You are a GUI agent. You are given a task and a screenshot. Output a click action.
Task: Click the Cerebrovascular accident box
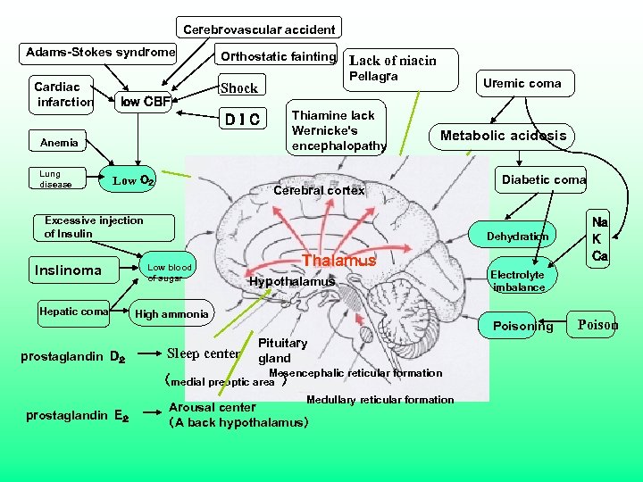tap(259, 29)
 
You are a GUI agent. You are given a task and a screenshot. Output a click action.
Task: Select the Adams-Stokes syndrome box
tap(100, 53)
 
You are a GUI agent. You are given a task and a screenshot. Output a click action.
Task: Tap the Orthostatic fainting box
tap(278, 55)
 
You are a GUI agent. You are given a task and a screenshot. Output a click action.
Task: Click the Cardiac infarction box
tap(62, 95)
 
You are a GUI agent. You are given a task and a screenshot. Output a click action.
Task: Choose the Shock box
tap(239, 87)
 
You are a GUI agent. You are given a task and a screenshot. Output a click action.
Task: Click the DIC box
tap(243, 118)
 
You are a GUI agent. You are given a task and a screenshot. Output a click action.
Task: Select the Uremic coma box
tap(522, 84)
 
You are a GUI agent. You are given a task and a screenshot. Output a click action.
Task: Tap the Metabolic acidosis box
tap(503, 136)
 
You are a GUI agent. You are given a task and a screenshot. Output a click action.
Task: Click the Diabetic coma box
tap(543, 179)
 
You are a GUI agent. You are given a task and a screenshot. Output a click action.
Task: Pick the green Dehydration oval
tap(517, 237)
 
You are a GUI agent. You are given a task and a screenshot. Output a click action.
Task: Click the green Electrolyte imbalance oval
tap(517, 281)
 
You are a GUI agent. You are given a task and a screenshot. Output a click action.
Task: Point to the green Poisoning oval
tap(522, 326)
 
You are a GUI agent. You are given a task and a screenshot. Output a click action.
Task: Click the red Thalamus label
tap(339, 261)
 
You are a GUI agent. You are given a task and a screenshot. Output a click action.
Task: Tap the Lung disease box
tap(56, 179)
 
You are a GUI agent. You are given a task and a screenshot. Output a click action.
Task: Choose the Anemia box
tap(60, 143)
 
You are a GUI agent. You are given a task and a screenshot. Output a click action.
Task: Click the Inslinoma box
tap(68, 270)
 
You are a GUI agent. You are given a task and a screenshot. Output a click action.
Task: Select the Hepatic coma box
tap(73, 312)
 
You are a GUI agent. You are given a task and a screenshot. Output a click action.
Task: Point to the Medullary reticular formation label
tap(380, 400)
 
